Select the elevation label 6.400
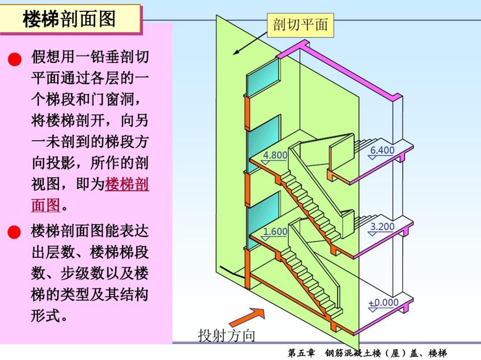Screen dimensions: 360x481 (x=382, y=150)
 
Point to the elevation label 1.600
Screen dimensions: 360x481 (x=275, y=231)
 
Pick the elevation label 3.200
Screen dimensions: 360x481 (x=382, y=227)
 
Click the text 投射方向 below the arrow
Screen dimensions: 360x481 (x=226, y=335)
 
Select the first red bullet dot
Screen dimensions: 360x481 (x=15, y=59)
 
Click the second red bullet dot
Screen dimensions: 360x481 (x=15, y=232)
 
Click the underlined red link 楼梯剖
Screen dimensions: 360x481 (x=127, y=184)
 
